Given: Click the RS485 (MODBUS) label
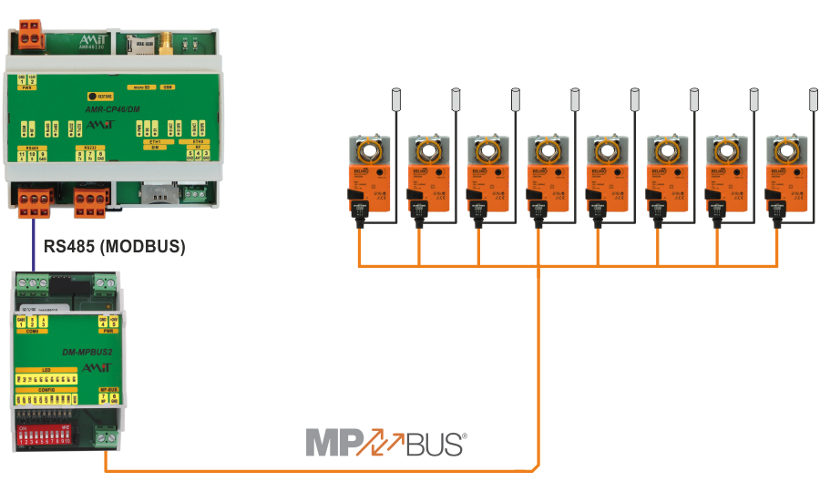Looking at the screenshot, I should coord(115,245).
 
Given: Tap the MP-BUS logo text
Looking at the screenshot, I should coord(386,444).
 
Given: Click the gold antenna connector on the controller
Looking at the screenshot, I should coord(170,40).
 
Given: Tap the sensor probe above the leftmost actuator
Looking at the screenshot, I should coord(396,97).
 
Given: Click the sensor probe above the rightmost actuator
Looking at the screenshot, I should coord(814,97).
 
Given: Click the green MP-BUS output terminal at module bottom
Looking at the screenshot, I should coord(108,438).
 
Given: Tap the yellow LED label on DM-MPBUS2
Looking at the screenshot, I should coord(47,369).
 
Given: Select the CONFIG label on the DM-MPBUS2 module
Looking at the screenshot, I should coord(47,389).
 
